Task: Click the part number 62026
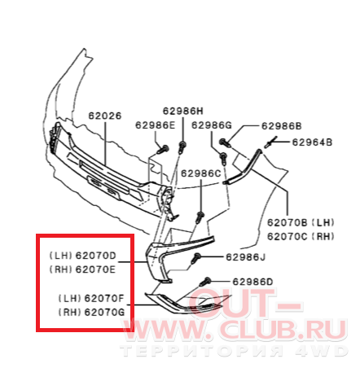pyautogui.click(x=105, y=116)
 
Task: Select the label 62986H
pyautogui.click(x=182, y=111)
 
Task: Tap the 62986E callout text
pyautogui.click(x=156, y=125)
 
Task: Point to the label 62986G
pyautogui.click(x=212, y=125)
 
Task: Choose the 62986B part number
pyautogui.click(x=282, y=126)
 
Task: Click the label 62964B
pyautogui.click(x=312, y=142)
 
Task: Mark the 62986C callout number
pyautogui.click(x=201, y=173)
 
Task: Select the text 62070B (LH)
pyautogui.click(x=301, y=223)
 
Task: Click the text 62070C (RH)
pyautogui.click(x=301, y=237)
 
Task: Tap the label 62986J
pyautogui.click(x=246, y=257)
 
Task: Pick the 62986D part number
pyautogui.click(x=252, y=282)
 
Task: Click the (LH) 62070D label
pyautogui.click(x=83, y=256)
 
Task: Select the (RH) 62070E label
pyautogui.click(x=83, y=269)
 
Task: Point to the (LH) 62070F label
pyautogui.click(x=91, y=299)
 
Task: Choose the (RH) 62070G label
pyautogui.click(x=91, y=313)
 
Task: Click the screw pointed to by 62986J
pyautogui.click(x=195, y=258)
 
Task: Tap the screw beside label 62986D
pyautogui.click(x=205, y=282)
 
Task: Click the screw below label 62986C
pyautogui.click(x=200, y=217)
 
